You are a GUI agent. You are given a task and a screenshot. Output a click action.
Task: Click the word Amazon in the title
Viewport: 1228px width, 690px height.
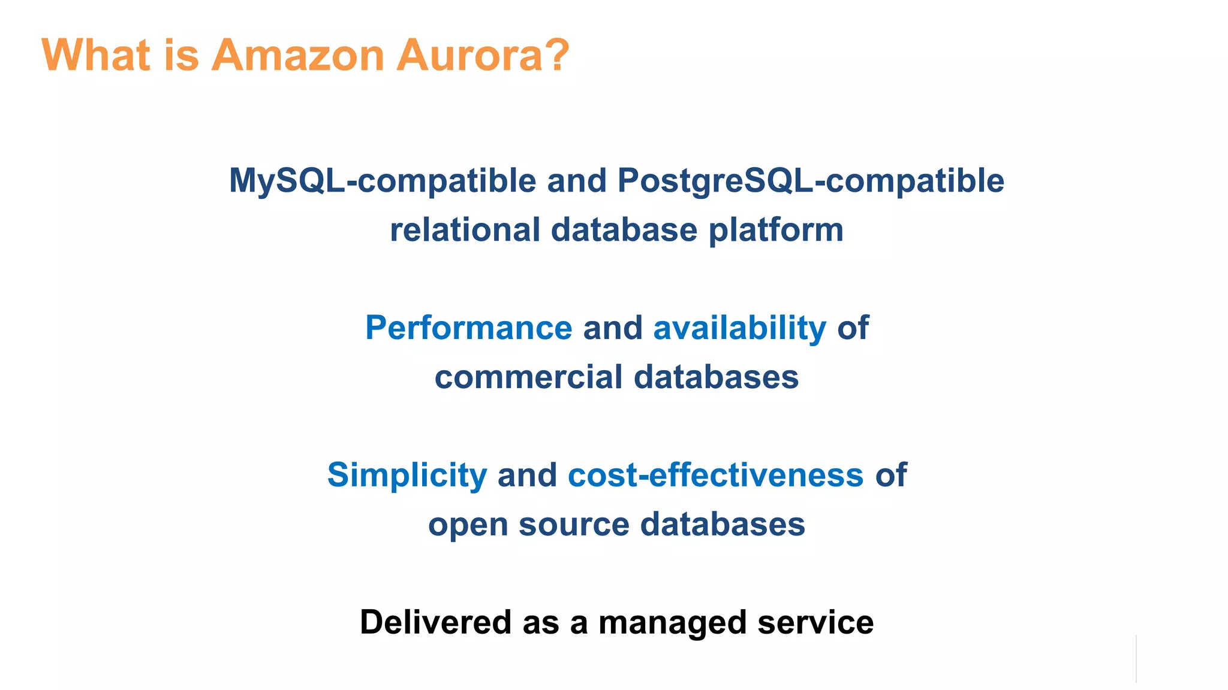click(297, 55)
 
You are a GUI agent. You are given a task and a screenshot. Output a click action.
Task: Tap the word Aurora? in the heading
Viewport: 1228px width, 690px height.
click(483, 55)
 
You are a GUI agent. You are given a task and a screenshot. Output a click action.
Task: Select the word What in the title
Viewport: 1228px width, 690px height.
click(95, 55)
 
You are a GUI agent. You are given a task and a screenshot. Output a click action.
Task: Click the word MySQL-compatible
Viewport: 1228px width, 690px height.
click(383, 181)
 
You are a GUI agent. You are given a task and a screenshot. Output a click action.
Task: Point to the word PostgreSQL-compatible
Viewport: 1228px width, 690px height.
click(811, 181)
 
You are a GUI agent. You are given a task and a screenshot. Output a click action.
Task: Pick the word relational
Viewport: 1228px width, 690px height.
click(465, 230)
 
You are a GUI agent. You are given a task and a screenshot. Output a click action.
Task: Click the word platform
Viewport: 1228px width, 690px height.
click(776, 231)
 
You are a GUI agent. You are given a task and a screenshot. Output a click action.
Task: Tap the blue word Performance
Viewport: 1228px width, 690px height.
click(469, 328)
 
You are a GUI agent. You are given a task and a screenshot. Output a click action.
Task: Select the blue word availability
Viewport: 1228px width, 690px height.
click(739, 328)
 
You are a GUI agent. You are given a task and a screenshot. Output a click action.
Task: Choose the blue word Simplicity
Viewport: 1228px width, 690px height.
click(407, 476)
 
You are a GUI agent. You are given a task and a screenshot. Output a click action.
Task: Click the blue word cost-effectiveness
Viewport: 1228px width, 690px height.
click(715, 476)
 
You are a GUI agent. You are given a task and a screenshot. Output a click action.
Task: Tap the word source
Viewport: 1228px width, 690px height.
click(574, 525)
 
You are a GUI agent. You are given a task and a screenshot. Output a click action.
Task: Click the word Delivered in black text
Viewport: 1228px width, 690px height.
click(436, 622)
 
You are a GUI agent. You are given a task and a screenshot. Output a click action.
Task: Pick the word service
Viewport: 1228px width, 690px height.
click(815, 622)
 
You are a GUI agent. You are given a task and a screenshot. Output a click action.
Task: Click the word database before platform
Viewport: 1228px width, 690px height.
click(624, 230)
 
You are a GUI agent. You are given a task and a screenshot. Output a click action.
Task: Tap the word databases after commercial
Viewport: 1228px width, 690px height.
click(716, 377)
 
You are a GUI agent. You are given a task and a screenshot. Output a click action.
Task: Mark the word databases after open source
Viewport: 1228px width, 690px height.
click(723, 525)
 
